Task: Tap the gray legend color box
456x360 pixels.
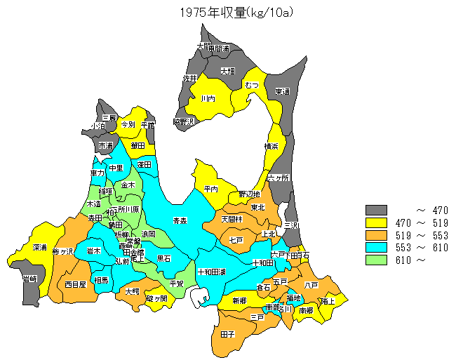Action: tap(377, 210)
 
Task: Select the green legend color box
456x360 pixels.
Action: tap(377, 260)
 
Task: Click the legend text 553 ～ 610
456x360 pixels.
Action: tap(422, 248)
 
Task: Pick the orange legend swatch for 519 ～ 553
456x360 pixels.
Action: tap(377, 235)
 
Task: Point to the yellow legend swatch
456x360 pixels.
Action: tap(377, 222)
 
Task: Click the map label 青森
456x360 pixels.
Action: tap(180, 220)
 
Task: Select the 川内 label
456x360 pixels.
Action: tap(208, 99)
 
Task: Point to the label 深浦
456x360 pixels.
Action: tap(40, 248)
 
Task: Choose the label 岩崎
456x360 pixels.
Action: tap(30, 279)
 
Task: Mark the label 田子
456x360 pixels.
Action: tap(227, 334)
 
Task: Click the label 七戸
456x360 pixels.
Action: tap(236, 239)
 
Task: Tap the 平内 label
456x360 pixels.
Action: tap(210, 189)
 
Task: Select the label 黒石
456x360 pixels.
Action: tap(163, 258)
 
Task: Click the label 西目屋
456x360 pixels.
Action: tap(75, 285)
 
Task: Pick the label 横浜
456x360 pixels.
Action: tap(271, 146)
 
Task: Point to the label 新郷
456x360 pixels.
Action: tap(239, 300)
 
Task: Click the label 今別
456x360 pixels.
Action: tap(128, 124)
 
